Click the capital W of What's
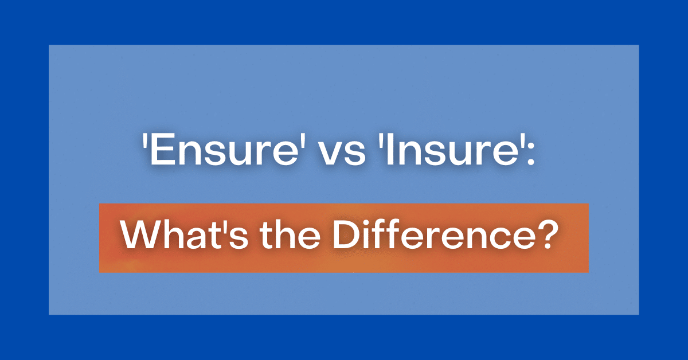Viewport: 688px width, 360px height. [x=139, y=237]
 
